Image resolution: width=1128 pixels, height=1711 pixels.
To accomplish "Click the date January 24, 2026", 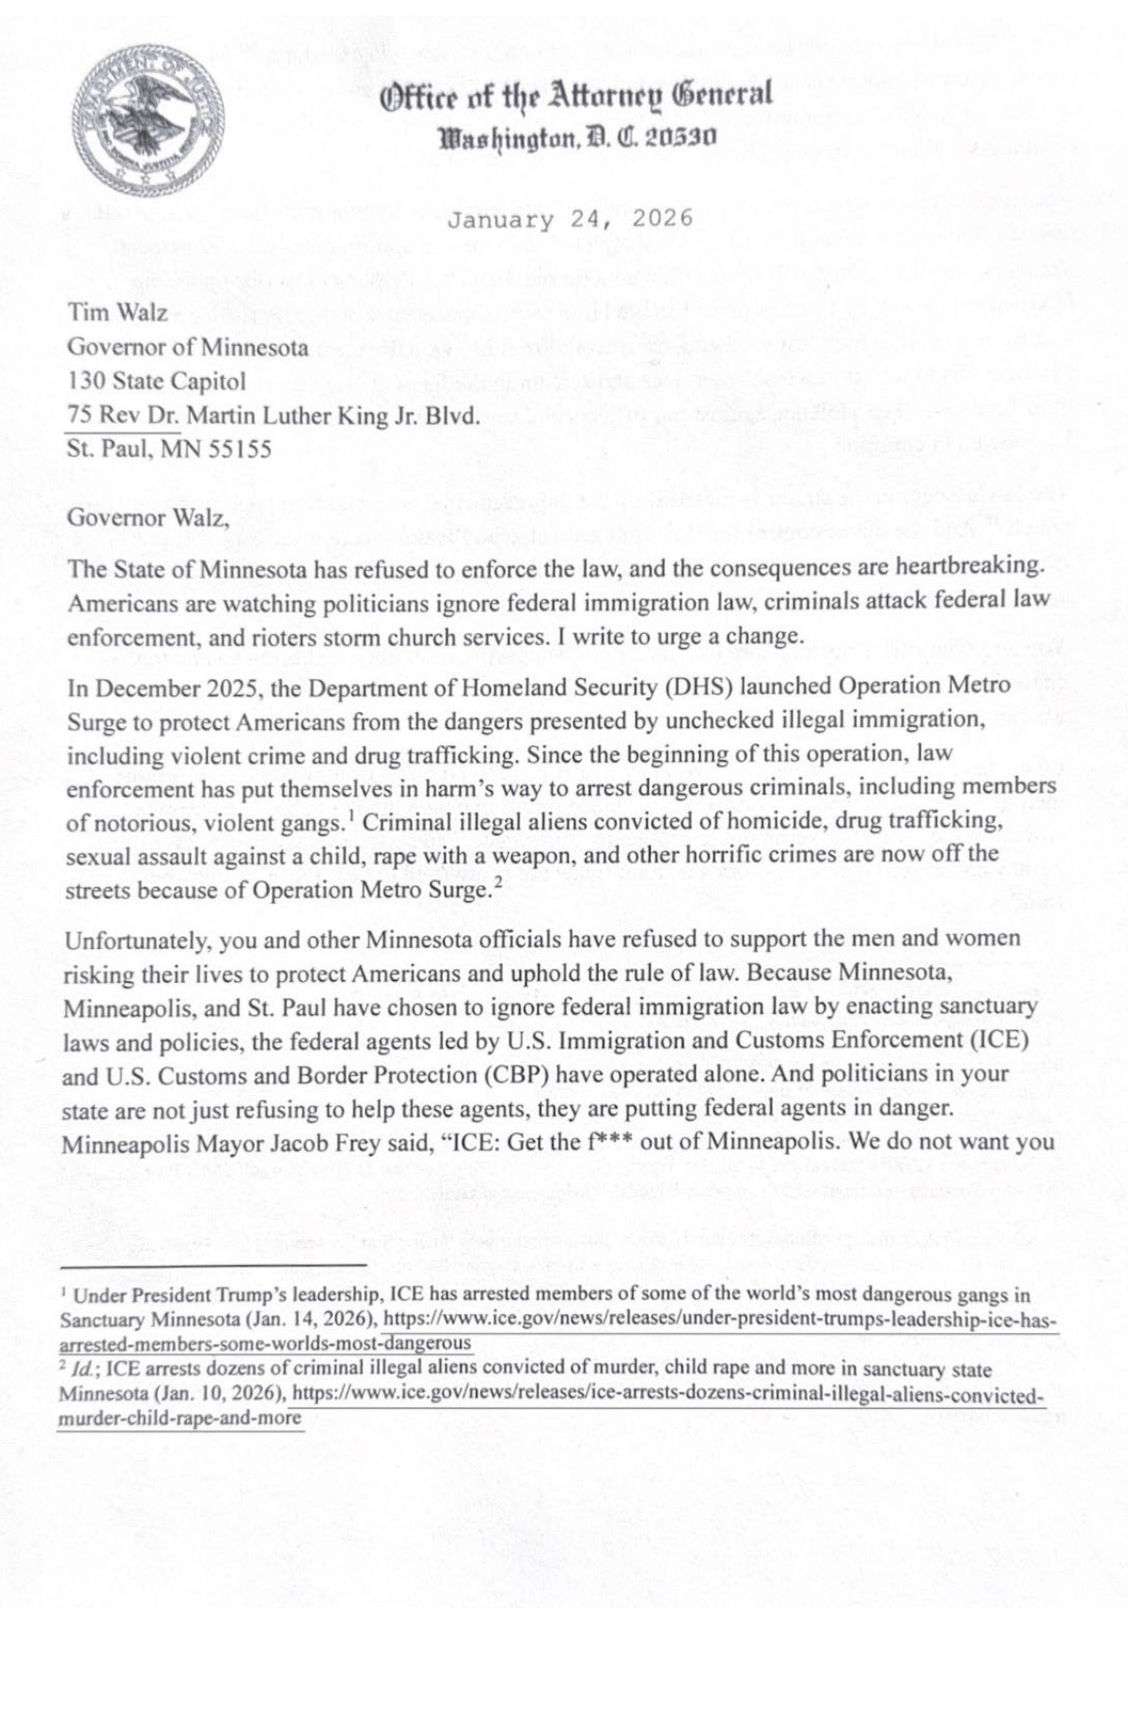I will pos(570,219).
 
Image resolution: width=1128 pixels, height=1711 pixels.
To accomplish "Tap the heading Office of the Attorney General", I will pos(577,95).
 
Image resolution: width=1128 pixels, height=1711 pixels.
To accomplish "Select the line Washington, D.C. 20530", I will pos(577,137).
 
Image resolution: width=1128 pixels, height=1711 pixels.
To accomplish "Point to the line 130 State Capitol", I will pos(156,380).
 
